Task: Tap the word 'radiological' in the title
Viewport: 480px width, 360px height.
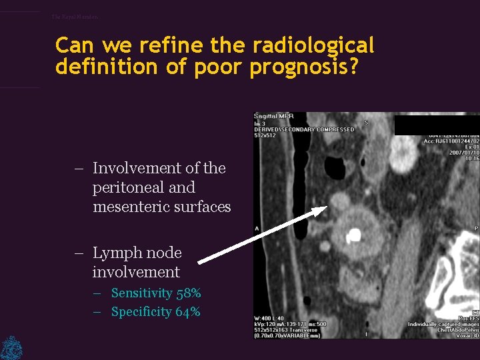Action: pos(313,46)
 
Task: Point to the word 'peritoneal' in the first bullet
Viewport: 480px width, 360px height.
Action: pos(124,188)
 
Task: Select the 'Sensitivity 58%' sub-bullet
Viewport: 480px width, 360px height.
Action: pos(156,293)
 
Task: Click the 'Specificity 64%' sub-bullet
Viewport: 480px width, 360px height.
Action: pos(155,312)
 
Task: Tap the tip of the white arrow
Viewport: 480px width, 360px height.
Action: pos(326,207)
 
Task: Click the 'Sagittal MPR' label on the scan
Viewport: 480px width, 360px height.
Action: pos(274,117)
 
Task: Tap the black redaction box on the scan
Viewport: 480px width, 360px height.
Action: pos(437,125)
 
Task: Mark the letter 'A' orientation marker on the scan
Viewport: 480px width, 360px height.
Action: pos(257,228)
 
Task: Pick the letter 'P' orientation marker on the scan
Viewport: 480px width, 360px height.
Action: pos(476,228)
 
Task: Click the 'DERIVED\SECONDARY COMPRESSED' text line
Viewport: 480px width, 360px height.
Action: pos(304,129)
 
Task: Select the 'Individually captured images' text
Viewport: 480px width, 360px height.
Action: pos(443,324)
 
